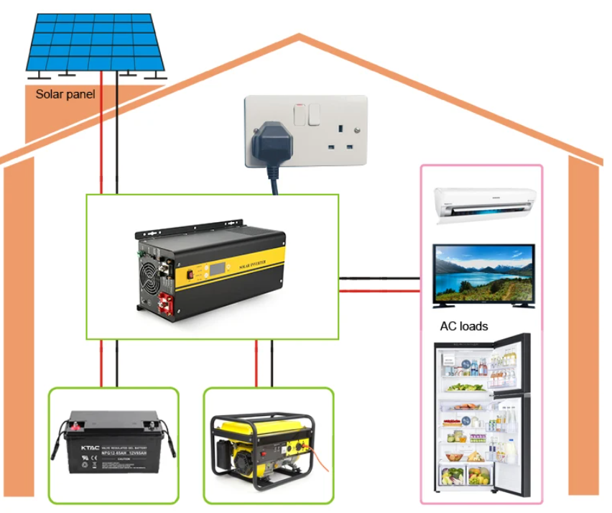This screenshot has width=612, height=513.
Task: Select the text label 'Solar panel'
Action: coord(65,93)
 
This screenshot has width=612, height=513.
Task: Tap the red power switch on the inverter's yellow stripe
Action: coord(191,274)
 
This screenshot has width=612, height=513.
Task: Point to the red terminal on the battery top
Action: coord(75,426)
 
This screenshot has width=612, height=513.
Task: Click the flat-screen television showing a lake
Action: coord(483,275)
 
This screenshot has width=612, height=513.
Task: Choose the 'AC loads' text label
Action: coord(464,326)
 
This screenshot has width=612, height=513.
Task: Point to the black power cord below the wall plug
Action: coord(274,180)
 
